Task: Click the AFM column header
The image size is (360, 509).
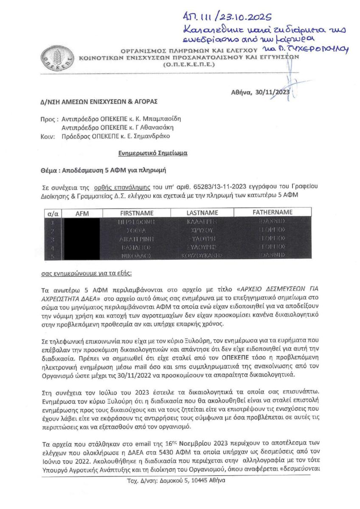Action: tap(79, 213)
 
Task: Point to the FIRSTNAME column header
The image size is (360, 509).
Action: tap(137, 213)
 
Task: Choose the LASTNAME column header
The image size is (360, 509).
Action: tap(202, 213)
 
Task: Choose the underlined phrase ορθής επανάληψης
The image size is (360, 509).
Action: tap(102, 187)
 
